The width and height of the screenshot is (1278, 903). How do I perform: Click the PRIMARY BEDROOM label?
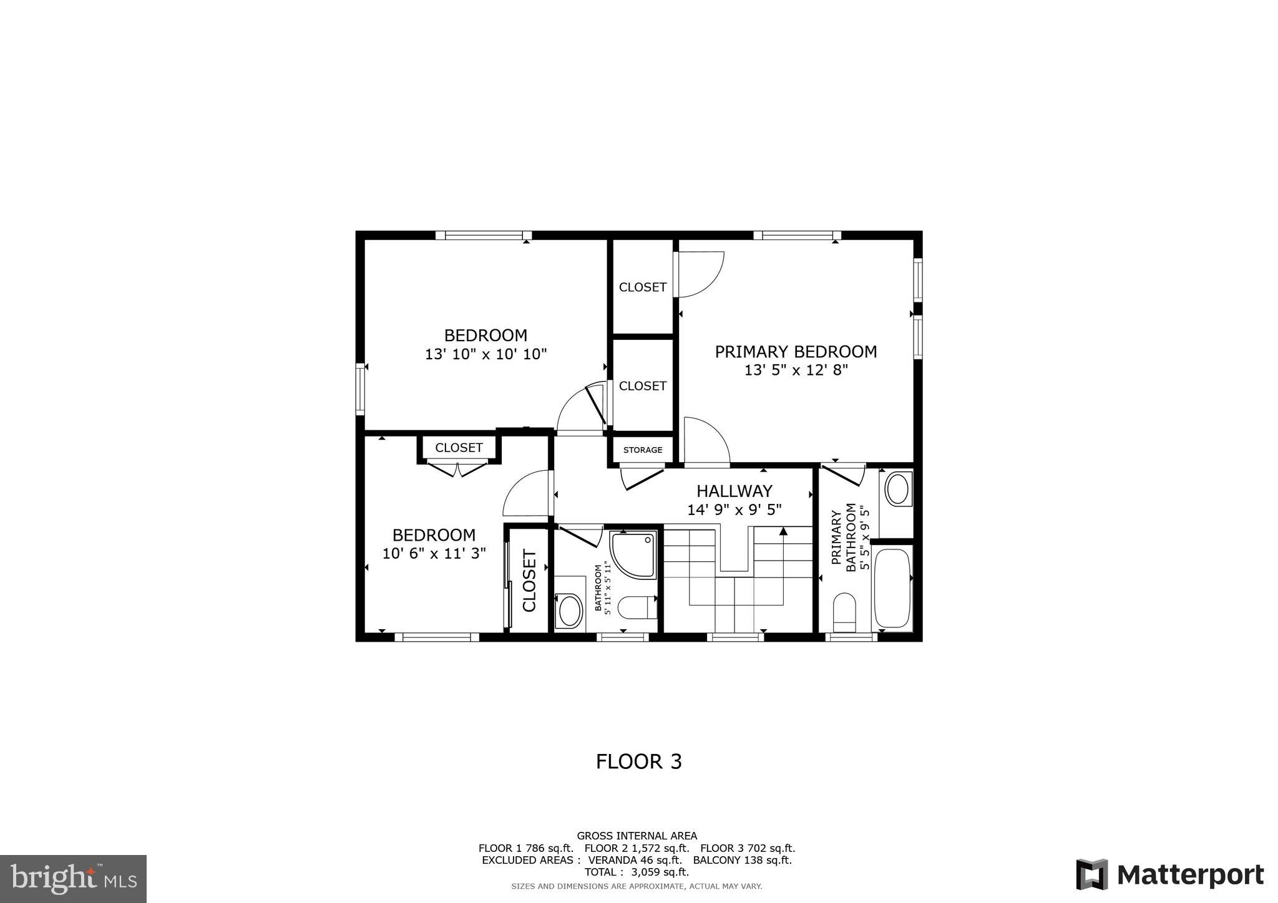[796, 352]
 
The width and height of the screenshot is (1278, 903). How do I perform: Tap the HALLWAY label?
[734, 491]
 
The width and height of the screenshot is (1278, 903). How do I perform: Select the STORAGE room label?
[642, 450]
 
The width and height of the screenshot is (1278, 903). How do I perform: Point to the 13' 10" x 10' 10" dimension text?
[485, 354]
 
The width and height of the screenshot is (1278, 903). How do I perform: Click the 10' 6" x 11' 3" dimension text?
[434, 553]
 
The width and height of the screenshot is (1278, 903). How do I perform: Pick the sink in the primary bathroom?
[897, 489]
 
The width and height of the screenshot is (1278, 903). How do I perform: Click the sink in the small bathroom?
[569, 611]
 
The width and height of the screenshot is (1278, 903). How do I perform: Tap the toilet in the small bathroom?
[637, 607]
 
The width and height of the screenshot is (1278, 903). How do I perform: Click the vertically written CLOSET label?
[529, 580]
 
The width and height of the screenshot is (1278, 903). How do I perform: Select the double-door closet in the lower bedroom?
[459, 448]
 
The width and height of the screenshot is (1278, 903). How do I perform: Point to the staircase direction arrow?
[783, 532]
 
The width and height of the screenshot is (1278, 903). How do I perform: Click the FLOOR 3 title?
[638, 761]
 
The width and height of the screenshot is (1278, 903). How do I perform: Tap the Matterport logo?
[1169, 874]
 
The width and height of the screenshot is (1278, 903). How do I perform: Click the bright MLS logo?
[73, 879]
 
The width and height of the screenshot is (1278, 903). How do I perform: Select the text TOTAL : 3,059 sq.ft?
[637, 872]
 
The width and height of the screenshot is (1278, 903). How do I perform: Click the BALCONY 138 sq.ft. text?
[742, 860]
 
